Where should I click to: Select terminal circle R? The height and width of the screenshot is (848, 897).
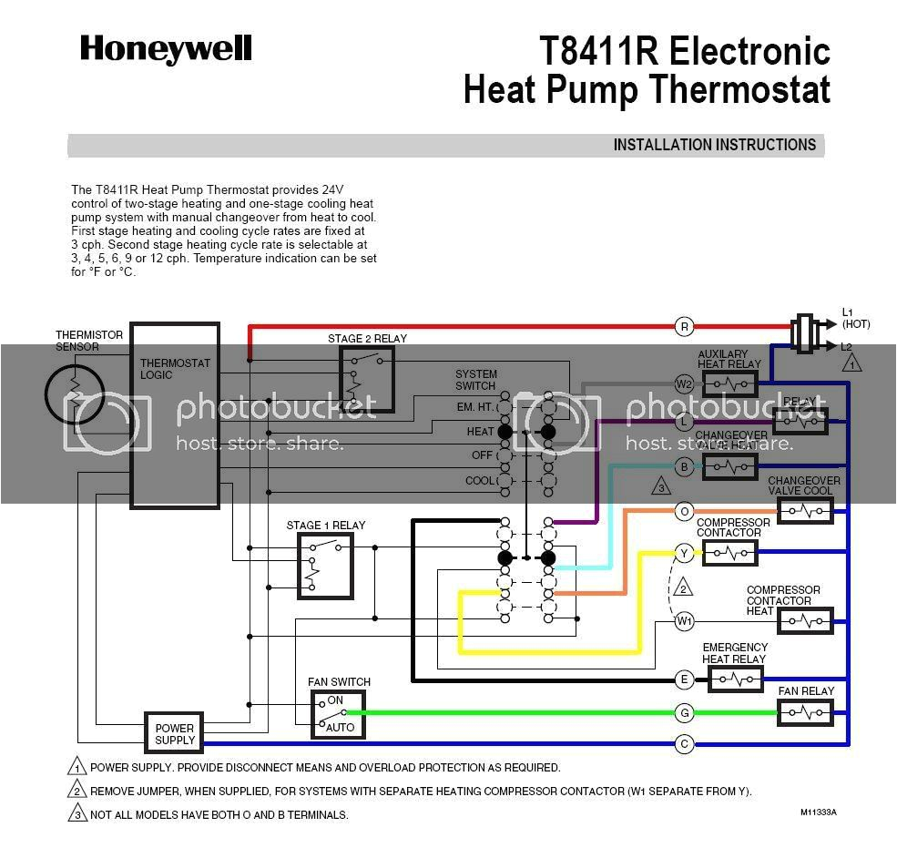pyautogui.click(x=684, y=326)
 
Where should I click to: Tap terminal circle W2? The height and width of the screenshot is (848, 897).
pyautogui.click(x=684, y=383)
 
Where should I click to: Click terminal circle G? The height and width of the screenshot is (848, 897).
pyautogui.click(x=684, y=712)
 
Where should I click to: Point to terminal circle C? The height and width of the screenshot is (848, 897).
pyautogui.click(x=684, y=744)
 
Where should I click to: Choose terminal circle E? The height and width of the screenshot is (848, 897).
pyautogui.click(x=684, y=679)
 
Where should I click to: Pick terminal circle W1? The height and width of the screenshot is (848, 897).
pyautogui.click(x=684, y=621)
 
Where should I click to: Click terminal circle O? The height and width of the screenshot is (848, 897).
pyautogui.click(x=684, y=512)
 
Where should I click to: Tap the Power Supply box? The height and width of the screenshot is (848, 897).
pyautogui.click(x=174, y=733)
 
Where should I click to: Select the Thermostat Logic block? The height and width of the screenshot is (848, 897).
pyautogui.click(x=175, y=414)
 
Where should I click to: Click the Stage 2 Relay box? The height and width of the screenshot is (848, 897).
pyautogui.click(x=367, y=378)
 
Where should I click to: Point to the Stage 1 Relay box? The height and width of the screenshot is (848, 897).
pyautogui.click(x=324, y=566)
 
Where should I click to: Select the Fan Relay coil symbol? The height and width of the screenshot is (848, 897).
pyautogui.click(x=806, y=712)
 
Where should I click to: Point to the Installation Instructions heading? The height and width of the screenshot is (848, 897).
pyautogui.click(x=714, y=145)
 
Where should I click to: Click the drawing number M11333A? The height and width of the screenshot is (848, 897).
pyautogui.click(x=818, y=812)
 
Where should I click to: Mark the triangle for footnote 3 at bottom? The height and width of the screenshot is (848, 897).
pyautogui.click(x=77, y=813)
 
